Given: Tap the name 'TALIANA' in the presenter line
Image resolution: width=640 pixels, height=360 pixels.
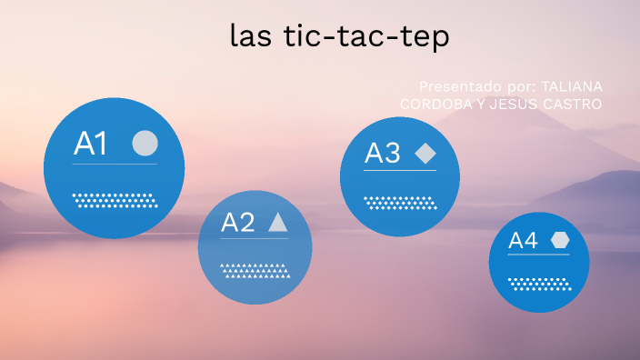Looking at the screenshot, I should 572,85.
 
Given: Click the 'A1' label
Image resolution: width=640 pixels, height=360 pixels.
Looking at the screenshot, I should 91,144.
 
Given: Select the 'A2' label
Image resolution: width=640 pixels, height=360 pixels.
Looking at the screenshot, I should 237,223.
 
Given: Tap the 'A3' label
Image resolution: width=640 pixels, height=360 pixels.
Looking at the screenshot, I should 382,154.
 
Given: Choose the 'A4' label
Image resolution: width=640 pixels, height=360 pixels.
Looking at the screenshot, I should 523,241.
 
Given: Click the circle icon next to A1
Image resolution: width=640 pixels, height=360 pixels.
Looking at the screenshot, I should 145,144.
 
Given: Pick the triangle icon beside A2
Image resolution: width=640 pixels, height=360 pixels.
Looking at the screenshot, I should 278,223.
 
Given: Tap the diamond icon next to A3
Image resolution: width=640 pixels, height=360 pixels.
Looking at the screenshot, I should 425,154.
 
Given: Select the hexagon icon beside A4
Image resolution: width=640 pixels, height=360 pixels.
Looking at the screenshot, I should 560,241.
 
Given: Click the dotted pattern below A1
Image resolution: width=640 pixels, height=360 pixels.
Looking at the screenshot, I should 115,200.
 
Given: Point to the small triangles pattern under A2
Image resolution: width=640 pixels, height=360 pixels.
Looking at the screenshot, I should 255,270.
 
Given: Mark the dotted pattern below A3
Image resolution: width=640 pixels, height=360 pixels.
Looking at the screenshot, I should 400,202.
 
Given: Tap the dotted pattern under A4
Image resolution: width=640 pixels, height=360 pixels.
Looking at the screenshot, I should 539,284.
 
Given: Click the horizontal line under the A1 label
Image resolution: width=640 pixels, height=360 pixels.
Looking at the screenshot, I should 115,165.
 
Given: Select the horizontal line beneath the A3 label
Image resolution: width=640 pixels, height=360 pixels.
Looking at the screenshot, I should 400,170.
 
